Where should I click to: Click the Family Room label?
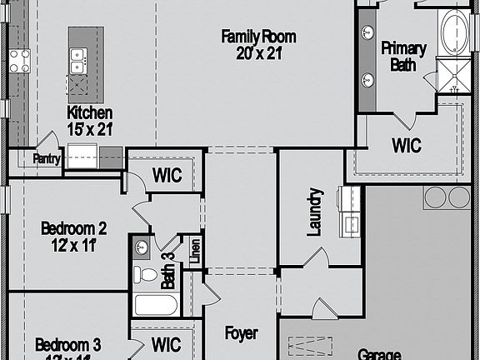[x=258, y=36]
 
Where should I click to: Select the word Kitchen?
[x=90, y=112]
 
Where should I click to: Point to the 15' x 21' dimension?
[x=90, y=128]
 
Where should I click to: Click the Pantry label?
[x=47, y=159]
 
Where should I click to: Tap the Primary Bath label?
[x=404, y=56]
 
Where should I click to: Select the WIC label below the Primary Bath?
[x=407, y=146]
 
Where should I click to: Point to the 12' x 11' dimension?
[x=74, y=244]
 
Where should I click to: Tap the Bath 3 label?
[x=167, y=271]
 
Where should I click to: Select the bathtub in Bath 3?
[x=155, y=304]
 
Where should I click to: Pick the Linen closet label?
[x=193, y=252]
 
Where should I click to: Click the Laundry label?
[x=314, y=212]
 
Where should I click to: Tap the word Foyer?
[x=242, y=333]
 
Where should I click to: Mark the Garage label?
[x=380, y=353]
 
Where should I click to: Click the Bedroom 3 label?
[x=68, y=345]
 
